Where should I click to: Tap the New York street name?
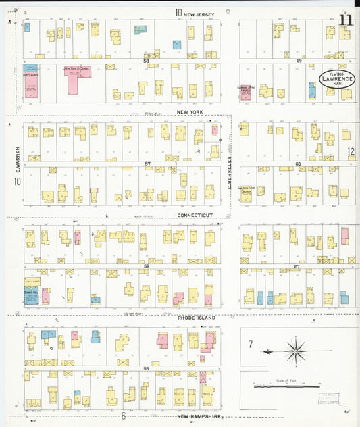(190, 111)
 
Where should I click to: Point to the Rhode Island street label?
(196, 317)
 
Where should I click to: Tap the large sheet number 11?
(346, 20)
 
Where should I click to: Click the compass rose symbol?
(295, 351)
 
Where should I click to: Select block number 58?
(145, 61)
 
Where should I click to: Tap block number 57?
(147, 164)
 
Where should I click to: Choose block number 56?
(145, 266)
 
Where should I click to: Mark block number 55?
(146, 367)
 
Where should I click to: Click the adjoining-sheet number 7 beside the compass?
(250, 345)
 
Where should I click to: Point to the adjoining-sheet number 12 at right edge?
(351, 152)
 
